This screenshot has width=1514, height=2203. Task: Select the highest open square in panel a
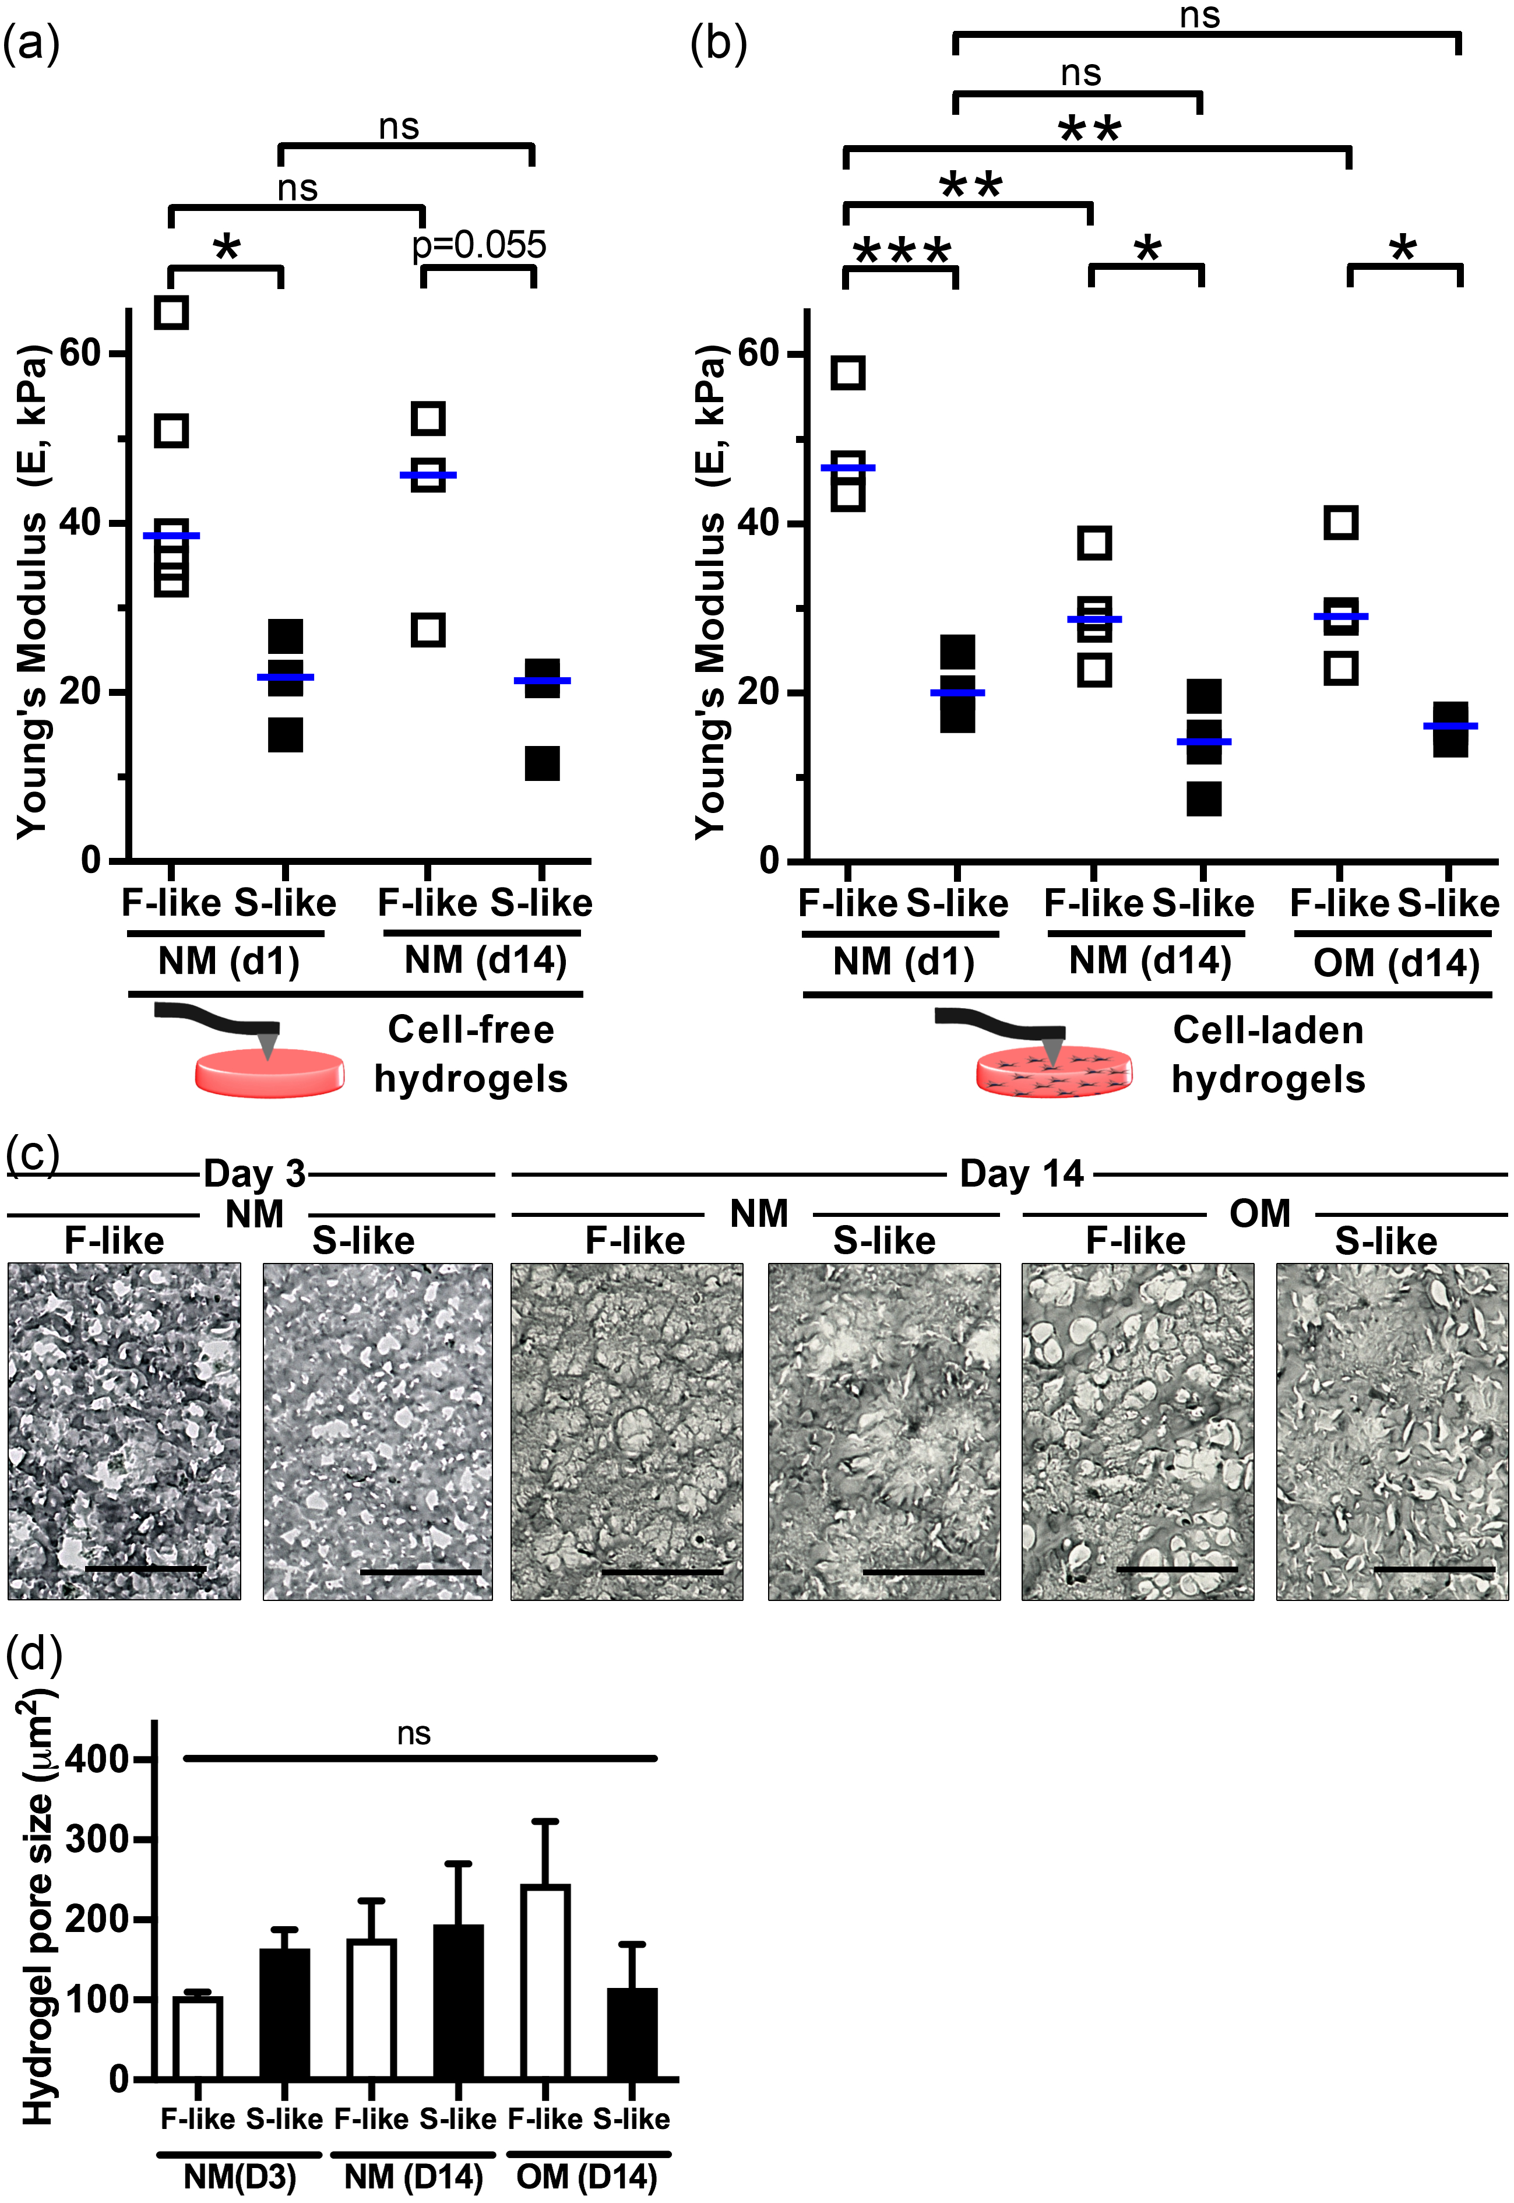pos(172,312)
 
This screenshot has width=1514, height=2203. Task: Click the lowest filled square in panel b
pos(1204,799)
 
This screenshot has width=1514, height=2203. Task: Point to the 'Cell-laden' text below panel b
pos(1267,1030)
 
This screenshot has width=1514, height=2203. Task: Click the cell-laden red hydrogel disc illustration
pos(1053,1073)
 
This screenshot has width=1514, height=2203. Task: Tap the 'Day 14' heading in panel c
pos(1021,1174)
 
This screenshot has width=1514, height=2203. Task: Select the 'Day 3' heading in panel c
pos(254,1174)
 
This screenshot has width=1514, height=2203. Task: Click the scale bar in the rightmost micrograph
pos(1434,1570)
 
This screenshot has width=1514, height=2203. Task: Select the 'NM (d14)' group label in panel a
pos(485,961)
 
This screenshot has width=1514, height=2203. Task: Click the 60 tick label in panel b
pos(758,353)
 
